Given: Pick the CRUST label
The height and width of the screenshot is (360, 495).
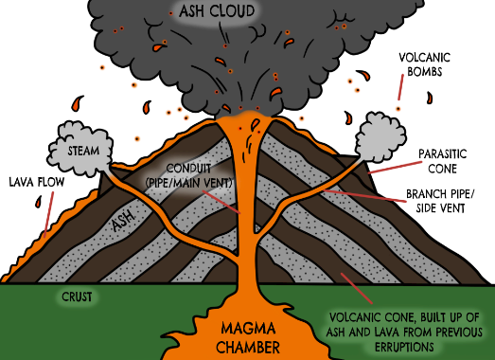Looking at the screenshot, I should point(77,296).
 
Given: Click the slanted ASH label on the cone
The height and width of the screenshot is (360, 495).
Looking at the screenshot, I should point(121,223).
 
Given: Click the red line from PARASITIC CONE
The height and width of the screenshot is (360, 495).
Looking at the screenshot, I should point(388,168).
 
